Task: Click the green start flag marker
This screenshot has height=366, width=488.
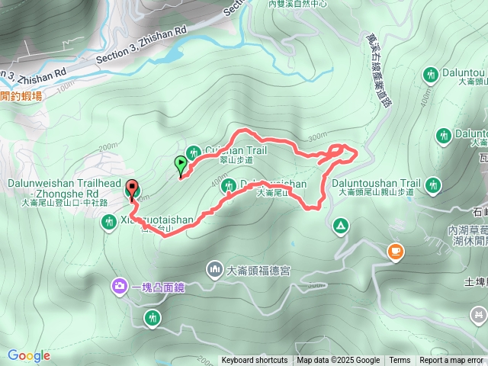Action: click(181, 162)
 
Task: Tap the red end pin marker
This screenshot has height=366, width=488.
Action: click(132, 188)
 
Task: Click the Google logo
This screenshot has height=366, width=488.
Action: click(29, 355)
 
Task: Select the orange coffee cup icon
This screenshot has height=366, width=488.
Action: click(395, 251)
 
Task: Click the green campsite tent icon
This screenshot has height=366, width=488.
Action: click(340, 226)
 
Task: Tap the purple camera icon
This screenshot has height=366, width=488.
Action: click(120, 287)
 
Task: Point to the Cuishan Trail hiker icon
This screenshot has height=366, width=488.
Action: click(193, 151)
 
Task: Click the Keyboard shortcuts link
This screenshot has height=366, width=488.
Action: click(255, 361)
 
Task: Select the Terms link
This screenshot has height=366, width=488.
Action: click(400, 361)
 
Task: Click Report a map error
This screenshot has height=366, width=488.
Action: click(452, 361)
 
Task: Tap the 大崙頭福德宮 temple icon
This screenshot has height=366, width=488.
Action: click(214, 269)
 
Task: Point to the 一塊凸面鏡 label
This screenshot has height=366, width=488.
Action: click(159, 287)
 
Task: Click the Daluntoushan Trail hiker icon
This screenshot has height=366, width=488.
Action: click(433, 184)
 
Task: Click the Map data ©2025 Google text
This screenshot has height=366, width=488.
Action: click(338, 361)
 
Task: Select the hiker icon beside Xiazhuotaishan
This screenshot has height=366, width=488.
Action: click(108, 221)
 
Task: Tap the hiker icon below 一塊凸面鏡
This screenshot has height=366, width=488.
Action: click(152, 316)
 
